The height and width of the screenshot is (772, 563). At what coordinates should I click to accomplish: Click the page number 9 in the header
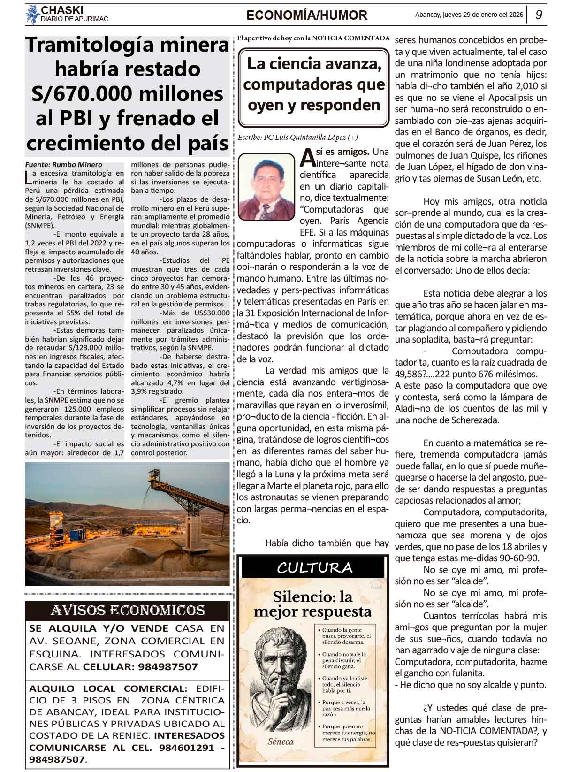coord(539,15)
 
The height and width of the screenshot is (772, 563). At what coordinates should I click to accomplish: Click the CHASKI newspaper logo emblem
coord(32,15)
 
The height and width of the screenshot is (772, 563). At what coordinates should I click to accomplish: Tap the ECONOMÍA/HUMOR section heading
coord(307,15)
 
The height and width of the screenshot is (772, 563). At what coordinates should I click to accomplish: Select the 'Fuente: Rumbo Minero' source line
coord(63,165)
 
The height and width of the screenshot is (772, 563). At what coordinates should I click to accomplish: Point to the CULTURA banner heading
coord(314,568)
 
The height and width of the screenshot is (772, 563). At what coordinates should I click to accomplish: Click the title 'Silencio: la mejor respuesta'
coord(312,604)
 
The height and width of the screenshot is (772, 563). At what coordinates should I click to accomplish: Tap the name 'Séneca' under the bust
coord(281,742)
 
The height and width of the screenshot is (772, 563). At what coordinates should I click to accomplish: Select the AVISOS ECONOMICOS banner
coord(127,611)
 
